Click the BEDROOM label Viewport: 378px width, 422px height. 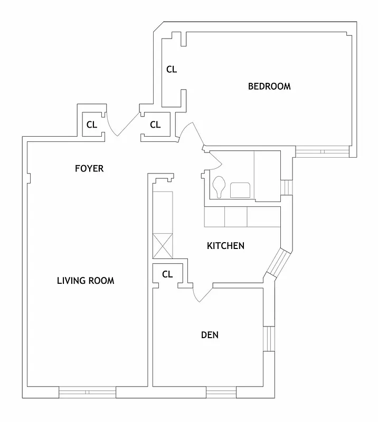(269, 87)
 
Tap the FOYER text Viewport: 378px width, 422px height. (89, 169)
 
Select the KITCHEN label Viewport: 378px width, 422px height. (225, 246)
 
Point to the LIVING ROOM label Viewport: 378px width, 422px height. (86, 281)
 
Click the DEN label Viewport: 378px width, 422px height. (210, 335)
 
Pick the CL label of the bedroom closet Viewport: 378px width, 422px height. (172, 69)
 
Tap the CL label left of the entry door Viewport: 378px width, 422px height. (92, 125)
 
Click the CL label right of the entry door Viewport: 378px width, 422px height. (155, 125)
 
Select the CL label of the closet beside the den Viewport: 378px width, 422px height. (167, 274)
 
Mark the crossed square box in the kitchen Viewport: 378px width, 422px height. (163, 245)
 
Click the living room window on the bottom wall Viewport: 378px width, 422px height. (87, 392)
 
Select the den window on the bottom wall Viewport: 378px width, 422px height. (221, 392)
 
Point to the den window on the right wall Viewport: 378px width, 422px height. (268, 341)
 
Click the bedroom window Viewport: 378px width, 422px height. (322, 151)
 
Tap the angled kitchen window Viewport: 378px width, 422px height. (278, 263)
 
